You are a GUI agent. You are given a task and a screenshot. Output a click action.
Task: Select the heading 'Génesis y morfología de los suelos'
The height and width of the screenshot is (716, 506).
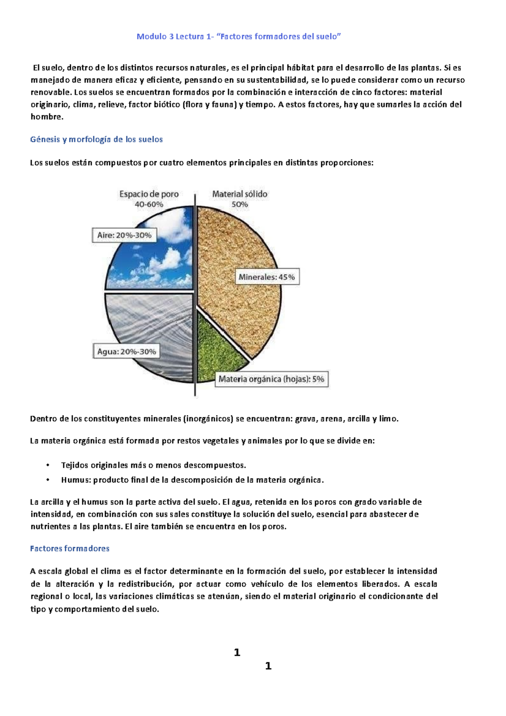tap(96, 140)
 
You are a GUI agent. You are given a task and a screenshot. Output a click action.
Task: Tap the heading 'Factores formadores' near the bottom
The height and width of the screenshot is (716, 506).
tap(70, 549)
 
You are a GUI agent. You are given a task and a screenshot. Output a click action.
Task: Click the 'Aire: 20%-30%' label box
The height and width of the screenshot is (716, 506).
tap(124, 235)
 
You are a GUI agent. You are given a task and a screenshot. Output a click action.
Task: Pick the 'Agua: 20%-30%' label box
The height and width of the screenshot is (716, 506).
tap(126, 352)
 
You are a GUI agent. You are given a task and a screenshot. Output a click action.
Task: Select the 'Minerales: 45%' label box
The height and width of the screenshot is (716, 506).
tap(266, 277)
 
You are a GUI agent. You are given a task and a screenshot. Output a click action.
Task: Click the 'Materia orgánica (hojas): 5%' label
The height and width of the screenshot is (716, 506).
tap(271, 379)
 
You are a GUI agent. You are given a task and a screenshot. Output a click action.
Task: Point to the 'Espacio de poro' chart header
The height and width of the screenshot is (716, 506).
tap(149, 194)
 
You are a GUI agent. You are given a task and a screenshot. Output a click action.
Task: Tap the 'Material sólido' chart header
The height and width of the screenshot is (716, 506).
tap(240, 194)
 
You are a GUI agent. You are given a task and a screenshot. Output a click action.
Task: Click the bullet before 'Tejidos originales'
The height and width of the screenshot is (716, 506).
tap(48, 466)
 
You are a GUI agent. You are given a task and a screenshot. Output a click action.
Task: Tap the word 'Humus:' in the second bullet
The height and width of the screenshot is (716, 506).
tap(76, 480)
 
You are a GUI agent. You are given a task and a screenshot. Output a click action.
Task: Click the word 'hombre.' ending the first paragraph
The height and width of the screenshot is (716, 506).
tap(47, 117)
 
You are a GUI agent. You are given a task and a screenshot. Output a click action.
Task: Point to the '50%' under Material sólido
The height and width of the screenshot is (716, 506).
tap(240, 205)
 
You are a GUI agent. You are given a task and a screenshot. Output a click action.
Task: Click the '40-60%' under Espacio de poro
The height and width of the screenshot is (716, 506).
tap(149, 205)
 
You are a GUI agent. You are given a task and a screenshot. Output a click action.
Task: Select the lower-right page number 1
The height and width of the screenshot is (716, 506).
tap(268, 666)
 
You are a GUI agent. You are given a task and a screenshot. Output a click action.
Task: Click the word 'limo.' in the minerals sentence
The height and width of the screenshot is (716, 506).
tap(388, 419)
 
